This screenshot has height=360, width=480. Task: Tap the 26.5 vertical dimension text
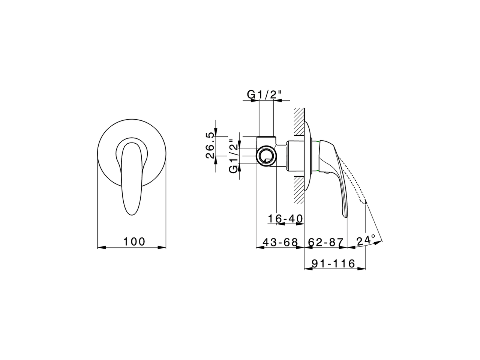210,145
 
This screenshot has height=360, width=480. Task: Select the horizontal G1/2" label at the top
264,95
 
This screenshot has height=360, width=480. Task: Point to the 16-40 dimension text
285,218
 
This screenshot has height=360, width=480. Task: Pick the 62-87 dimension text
325,242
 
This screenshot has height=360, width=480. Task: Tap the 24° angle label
366,240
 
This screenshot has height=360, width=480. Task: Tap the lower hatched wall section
299,190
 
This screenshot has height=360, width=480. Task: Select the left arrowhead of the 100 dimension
100,247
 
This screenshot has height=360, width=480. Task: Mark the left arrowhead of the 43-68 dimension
258,247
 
